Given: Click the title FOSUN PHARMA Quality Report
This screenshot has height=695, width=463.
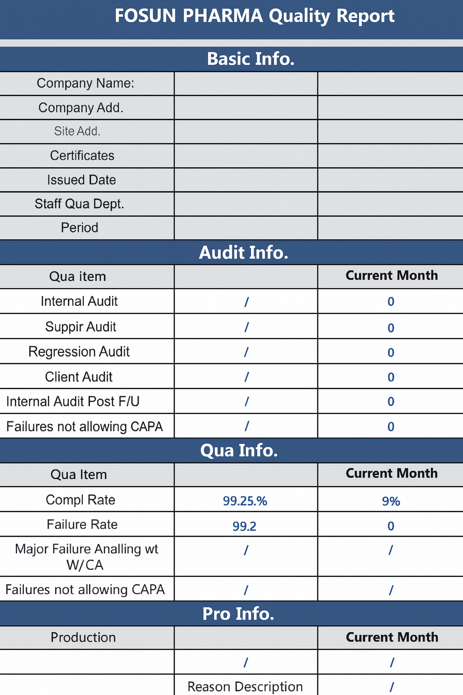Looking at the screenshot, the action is pyautogui.click(x=254, y=16).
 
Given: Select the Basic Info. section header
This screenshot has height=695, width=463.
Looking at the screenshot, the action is pyautogui.click(x=250, y=59).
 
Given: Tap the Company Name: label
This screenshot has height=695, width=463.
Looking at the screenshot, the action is pyautogui.click(x=85, y=83).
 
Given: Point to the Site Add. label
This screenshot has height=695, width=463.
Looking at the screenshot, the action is pyautogui.click(x=77, y=131).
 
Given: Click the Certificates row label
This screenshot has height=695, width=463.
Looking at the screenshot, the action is pyautogui.click(x=82, y=156).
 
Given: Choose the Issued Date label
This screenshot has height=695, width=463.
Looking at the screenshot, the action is pyautogui.click(x=81, y=180).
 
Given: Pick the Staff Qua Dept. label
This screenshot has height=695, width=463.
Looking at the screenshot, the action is pyautogui.click(x=80, y=204).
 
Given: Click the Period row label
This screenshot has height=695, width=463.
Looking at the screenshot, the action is pyautogui.click(x=80, y=228).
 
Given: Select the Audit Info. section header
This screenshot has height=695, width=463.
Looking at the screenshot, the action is pyautogui.click(x=244, y=252).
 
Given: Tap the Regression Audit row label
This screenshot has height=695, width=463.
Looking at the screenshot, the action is pyautogui.click(x=79, y=352).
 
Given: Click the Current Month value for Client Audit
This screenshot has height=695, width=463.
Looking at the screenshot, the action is pyautogui.click(x=391, y=377).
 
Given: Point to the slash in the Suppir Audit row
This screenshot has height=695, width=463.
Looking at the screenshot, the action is pyautogui.click(x=246, y=327).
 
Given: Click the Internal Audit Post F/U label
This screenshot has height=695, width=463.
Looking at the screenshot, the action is pyautogui.click(x=73, y=401).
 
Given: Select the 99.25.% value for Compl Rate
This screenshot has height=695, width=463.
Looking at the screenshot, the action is pyautogui.click(x=245, y=501).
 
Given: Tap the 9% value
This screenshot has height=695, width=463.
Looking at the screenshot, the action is pyautogui.click(x=391, y=501).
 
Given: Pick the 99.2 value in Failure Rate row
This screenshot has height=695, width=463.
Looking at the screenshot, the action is pyautogui.click(x=244, y=526).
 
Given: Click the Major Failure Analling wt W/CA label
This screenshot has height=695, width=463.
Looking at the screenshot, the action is pyautogui.click(x=86, y=557).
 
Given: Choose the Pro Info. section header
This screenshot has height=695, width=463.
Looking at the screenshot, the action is pyautogui.click(x=238, y=614).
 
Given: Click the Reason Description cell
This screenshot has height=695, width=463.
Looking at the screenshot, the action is pyautogui.click(x=245, y=686).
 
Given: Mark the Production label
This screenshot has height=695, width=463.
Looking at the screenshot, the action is pyautogui.click(x=83, y=638).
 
